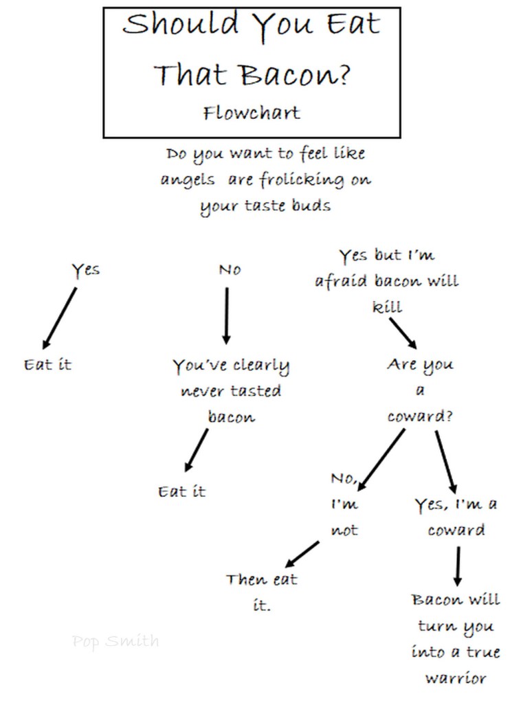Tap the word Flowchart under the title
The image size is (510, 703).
pyautogui.click(x=252, y=112)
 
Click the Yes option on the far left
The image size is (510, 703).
pyautogui.click(x=86, y=269)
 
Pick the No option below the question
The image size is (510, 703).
pyautogui.click(x=230, y=270)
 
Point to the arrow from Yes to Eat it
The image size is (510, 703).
pyautogui.click(x=60, y=317)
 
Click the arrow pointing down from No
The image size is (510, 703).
pyautogui.click(x=226, y=315)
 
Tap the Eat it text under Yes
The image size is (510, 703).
pyautogui.click(x=47, y=364)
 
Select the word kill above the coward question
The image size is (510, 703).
pyautogui.click(x=387, y=307)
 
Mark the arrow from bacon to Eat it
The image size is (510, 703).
pyautogui.click(x=196, y=449)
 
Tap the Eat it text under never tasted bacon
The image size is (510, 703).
pyautogui.click(x=181, y=491)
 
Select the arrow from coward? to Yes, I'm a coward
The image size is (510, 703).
pyautogui.click(x=446, y=459)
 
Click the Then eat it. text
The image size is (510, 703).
pyautogui.click(x=261, y=591)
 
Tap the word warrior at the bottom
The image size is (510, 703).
pyautogui.click(x=456, y=678)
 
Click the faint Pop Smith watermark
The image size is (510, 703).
pyautogui.click(x=115, y=642)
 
